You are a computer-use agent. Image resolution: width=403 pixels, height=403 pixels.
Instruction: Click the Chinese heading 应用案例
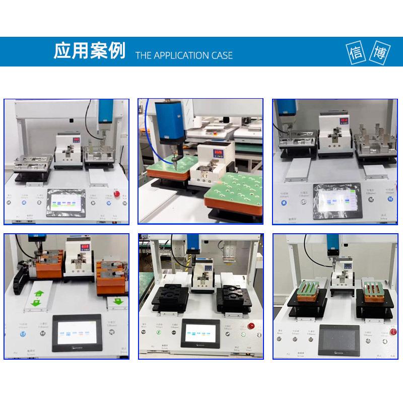(89, 51)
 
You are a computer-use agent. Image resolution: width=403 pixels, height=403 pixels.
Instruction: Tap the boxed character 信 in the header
(356, 52)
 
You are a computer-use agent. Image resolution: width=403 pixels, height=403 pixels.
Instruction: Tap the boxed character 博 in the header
(379, 52)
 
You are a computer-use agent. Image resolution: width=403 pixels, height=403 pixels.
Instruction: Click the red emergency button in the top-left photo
(117, 193)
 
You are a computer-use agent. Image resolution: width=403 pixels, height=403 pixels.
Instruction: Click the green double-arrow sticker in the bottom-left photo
(37, 297)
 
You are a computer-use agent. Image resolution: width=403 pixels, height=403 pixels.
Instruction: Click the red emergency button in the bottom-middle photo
(250, 325)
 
